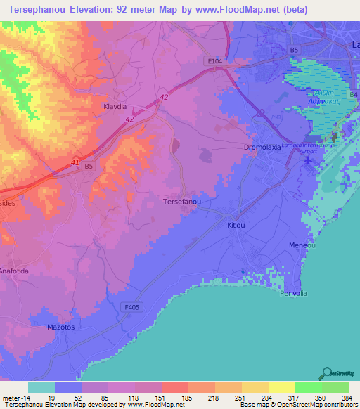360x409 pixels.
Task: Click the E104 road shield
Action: click(x=215, y=62)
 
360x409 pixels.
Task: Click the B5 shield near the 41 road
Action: click(x=88, y=167)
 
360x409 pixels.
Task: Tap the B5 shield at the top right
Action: click(x=294, y=50)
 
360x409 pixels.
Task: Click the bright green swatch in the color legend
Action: click(x=308, y=387)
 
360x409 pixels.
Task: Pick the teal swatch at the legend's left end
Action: click(x=41, y=387)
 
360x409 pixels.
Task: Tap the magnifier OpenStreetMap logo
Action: click(x=326, y=372)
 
